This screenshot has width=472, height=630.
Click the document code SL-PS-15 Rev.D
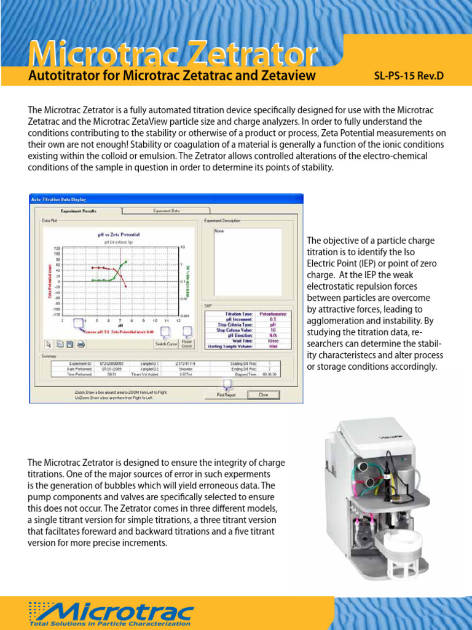click(x=409, y=76)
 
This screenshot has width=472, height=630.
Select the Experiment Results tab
click(x=77, y=210)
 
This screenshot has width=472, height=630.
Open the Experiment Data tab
click(x=166, y=210)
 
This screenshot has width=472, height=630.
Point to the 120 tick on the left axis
click(x=57, y=247)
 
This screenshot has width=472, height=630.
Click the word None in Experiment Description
click(x=219, y=232)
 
